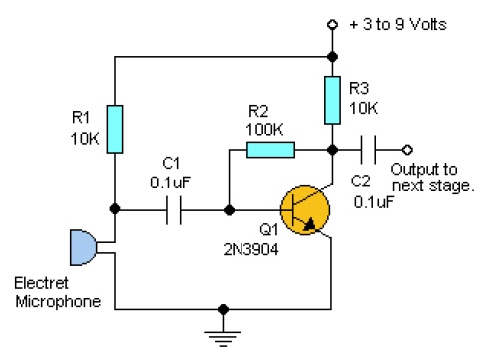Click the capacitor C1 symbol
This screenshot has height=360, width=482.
click(x=175, y=210)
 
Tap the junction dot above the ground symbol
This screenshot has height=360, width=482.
click(x=223, y=308)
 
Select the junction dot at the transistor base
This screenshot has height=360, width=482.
click(x=229, y=210)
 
